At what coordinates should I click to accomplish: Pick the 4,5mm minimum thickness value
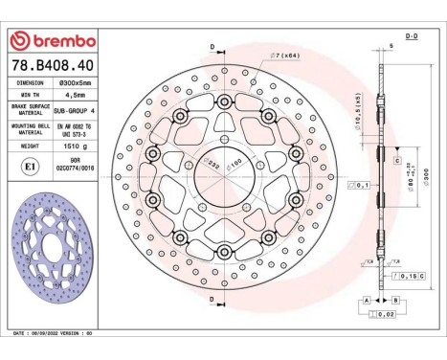(73, 97)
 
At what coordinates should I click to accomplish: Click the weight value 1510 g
(73, 148)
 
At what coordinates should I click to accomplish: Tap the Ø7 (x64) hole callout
(287, 55)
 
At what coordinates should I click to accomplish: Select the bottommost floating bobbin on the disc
(223, 252)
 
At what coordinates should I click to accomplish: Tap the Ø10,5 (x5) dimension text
(356, 111)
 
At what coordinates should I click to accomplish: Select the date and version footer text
(57, 332)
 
